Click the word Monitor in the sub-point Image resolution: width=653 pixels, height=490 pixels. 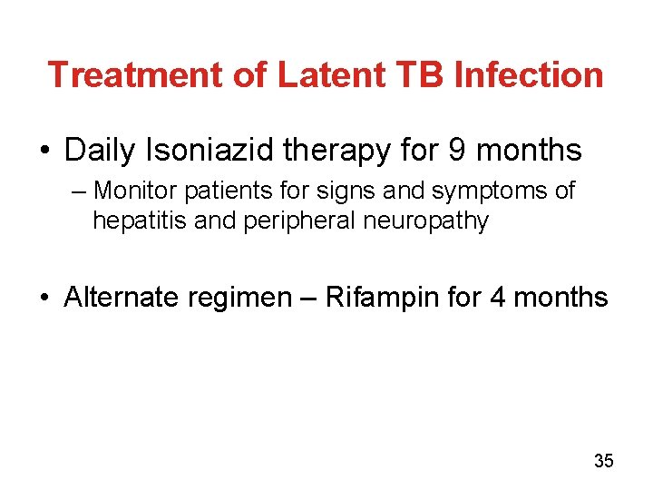pos(136,191)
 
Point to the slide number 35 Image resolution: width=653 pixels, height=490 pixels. pos(603,461)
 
